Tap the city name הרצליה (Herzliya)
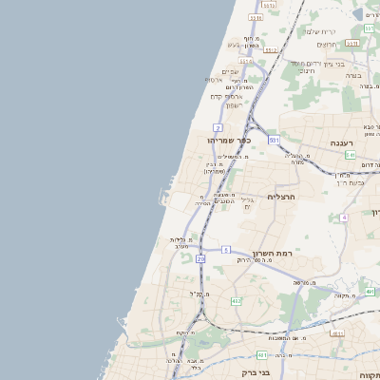[283, 197]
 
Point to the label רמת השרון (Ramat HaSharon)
[270, 254]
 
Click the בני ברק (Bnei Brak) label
[256, 372]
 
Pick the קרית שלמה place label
[321, 31]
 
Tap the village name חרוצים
[328, 45]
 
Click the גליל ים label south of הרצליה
[248, 202]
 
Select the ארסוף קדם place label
[228, 96]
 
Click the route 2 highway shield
[218, 126]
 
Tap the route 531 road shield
[274, 140]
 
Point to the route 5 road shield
[226, 249]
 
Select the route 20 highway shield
[200, 258]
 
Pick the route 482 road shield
[236, 301]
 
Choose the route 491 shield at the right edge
[370, 293]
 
